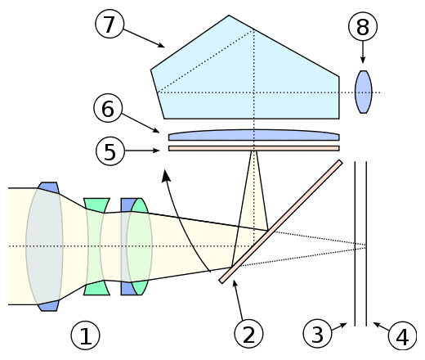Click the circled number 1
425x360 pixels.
click(x=85, y=335)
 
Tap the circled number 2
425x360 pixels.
click(x=248, y=334)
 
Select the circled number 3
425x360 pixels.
click(x=317, y=334)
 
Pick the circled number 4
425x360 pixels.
click(x=402, y=336)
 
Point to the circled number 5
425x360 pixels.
click(x=110, y=151)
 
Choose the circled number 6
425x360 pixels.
click(x=108, y=108)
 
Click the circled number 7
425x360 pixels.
click(x=110, y=24)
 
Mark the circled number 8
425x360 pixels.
click(x=363, y=26)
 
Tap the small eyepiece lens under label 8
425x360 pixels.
click(x=364, y=92)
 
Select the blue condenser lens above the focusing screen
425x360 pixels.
click(x=254, y=135)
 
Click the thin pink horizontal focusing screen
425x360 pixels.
click(x=254, y=148)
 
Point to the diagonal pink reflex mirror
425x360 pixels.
click(x=280, y=222)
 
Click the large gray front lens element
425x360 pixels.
click(x=44, y=246)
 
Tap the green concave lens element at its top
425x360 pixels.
click(x=96, y=205)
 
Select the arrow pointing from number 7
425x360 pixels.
click(x=144, y=38)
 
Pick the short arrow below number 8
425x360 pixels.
click(x=363, y=52)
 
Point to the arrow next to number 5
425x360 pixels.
click(x=142, y=151)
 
